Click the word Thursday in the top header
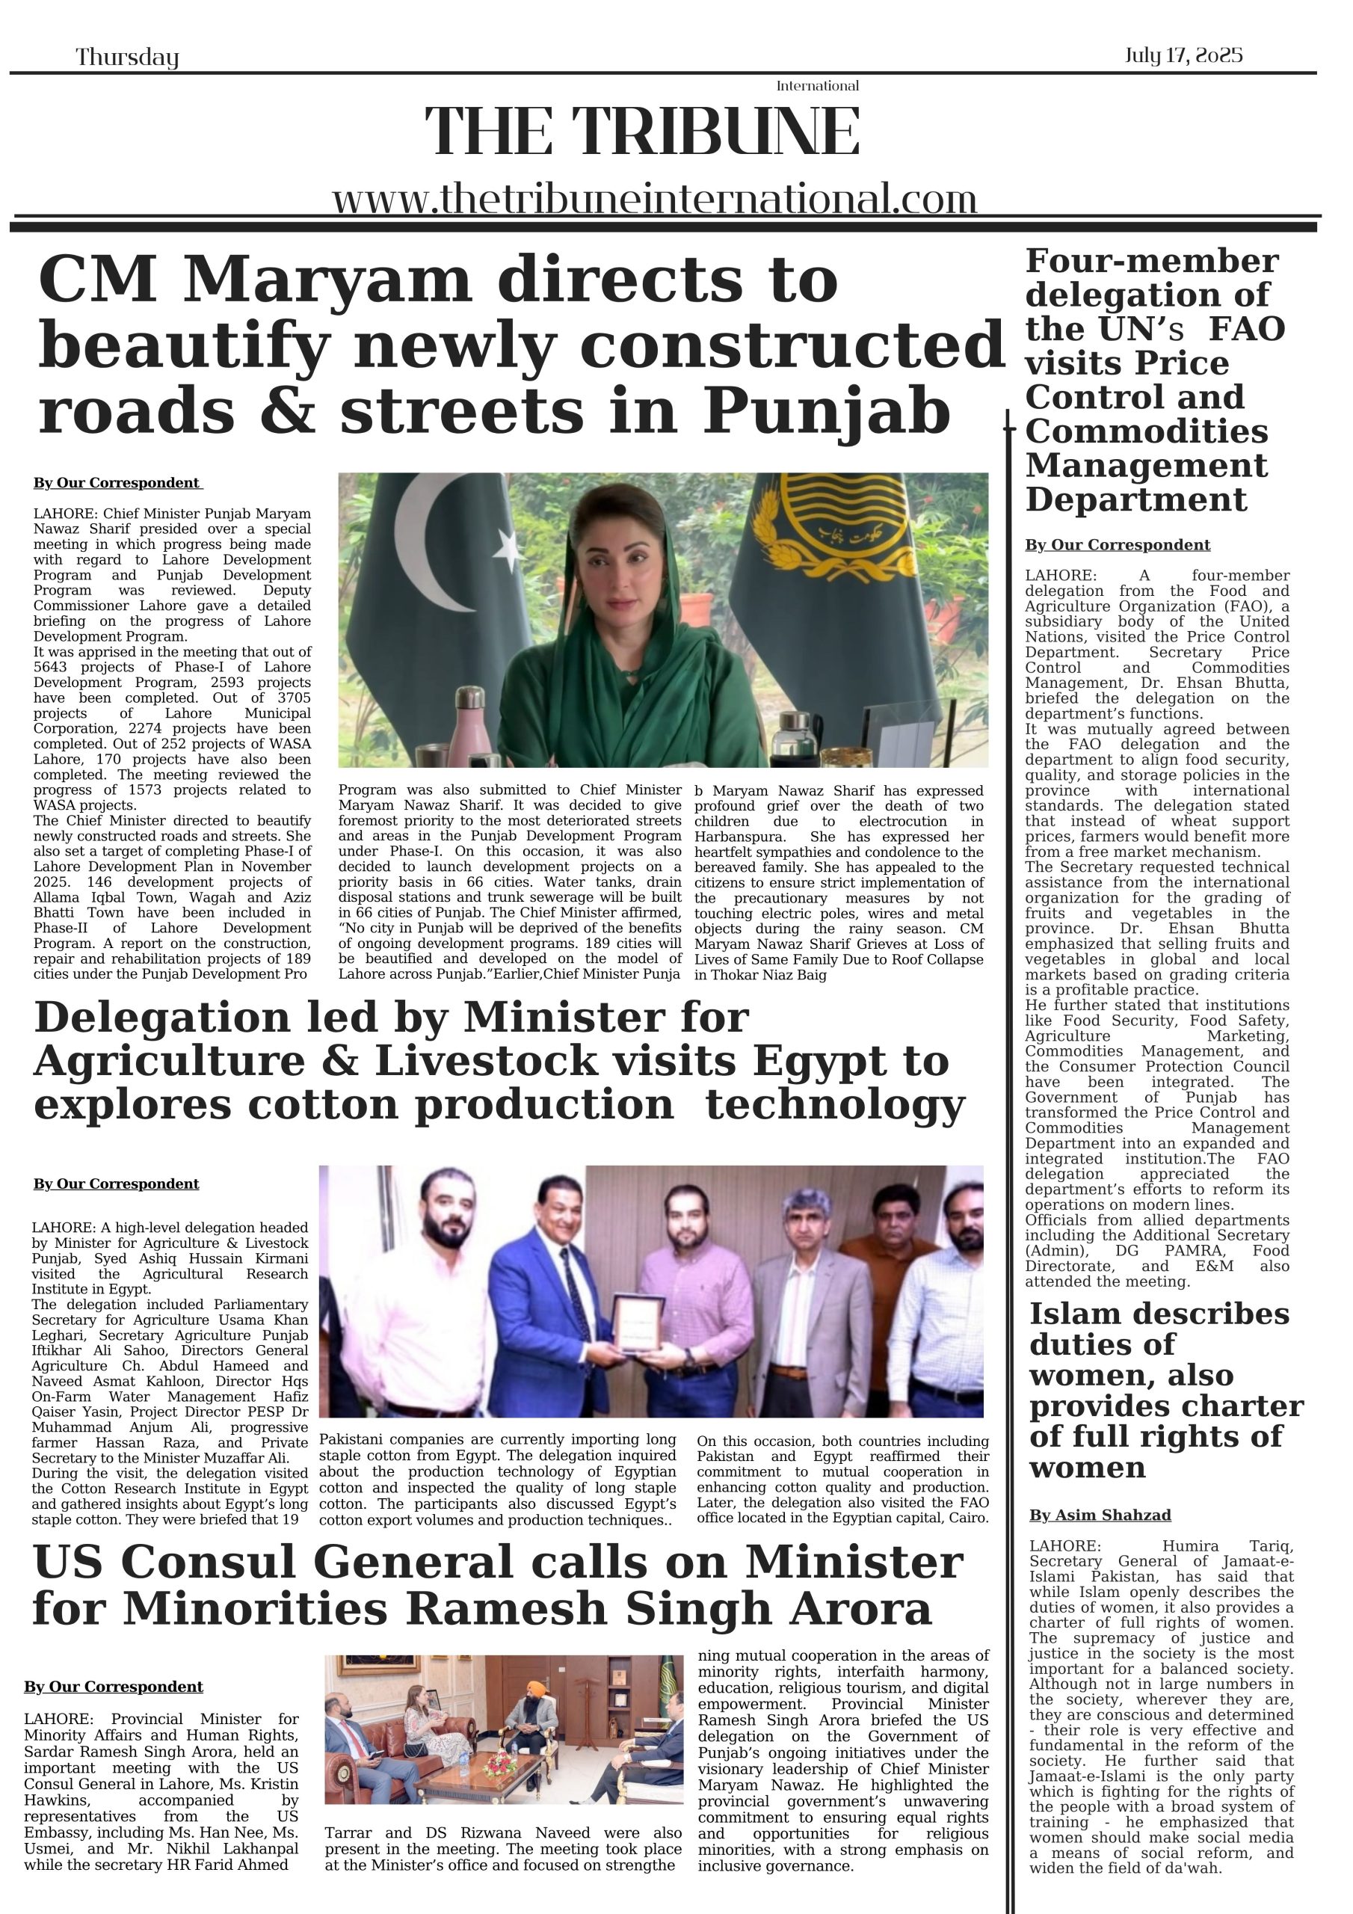tap(128, 58)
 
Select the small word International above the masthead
tap(817, 86)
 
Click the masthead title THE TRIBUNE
tap(642, 132)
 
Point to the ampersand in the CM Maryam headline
tap(287, 412)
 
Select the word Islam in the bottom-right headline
tap(1082, 1314)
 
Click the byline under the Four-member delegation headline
tap(1117, 545)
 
